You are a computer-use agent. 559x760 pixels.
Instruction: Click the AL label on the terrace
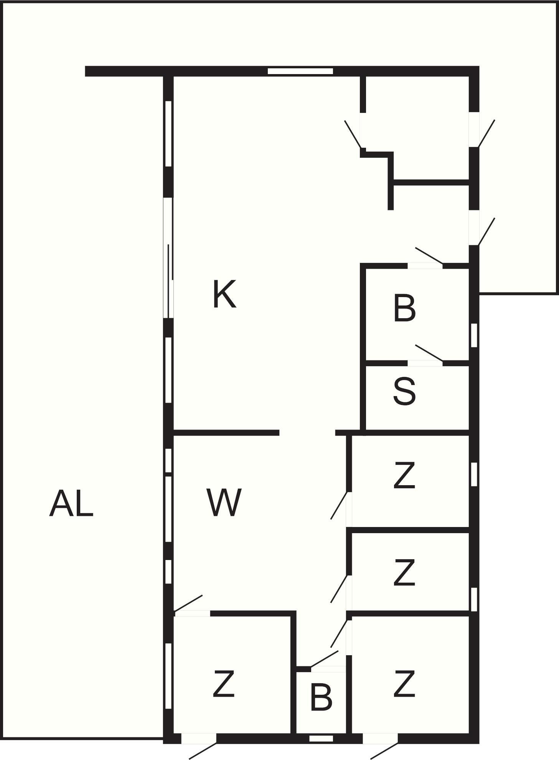(71, 503)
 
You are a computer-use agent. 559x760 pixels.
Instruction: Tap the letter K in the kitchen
(224, 294)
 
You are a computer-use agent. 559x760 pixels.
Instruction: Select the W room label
(224, 502)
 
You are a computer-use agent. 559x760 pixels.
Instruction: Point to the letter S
(404, 391)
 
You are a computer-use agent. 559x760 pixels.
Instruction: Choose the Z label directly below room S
(404, 476)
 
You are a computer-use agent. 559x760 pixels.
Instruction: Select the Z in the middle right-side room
(404, 573)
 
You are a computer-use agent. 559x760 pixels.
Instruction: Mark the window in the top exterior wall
(300, 71)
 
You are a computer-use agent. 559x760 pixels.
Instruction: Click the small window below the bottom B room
(321, 738)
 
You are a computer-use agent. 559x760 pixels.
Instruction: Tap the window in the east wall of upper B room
(474, 335)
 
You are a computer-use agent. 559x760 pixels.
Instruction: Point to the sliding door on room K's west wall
(168, 258)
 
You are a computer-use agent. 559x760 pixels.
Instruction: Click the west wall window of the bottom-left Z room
(168, 676)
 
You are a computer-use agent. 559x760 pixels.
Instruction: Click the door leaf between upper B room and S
(429, 353)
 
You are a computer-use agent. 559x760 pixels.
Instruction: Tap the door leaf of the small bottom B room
(325, 659)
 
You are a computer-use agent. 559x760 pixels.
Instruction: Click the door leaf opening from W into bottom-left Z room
(188, 603)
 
